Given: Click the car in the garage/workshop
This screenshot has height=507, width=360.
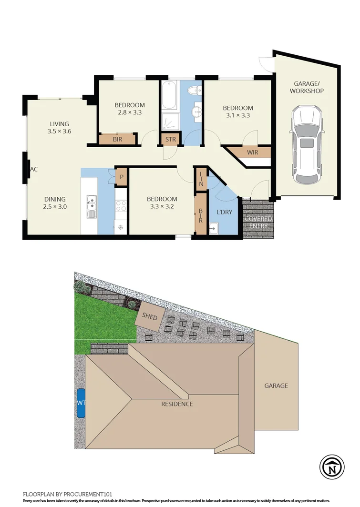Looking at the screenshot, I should tap(308, 145).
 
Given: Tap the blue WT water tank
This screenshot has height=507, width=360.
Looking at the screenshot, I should tap(81, 403).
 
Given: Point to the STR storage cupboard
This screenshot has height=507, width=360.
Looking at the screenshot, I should tap(169, 140).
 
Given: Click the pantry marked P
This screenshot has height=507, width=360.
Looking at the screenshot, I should tap(122, 176).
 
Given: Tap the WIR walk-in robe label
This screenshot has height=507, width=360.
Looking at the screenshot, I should tap(252, 152).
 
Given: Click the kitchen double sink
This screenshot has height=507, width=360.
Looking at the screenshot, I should tap(91, 206).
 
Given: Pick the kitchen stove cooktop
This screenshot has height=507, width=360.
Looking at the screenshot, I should tap(121, 206).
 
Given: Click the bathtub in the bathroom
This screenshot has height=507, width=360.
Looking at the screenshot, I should tap(169, 96).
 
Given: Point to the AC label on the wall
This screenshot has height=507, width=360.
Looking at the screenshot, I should tap(34, 169).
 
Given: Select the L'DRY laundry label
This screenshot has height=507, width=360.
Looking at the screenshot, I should tap(224, 212).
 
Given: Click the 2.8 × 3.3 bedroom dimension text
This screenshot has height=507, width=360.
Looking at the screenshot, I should tap(129, 113).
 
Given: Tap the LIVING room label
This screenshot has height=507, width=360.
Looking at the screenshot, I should tap(59, 124).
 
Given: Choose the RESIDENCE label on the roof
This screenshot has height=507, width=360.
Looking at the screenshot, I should tap(176, 404).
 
